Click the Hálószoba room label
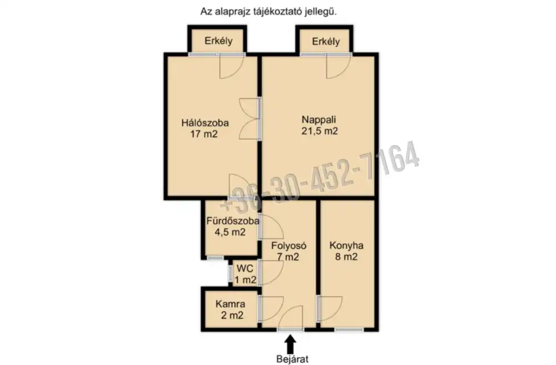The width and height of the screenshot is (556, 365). [x=205, y=123]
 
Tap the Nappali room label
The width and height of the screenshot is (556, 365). [x=319, y=120]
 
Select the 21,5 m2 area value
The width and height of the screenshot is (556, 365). [x=320, y=131]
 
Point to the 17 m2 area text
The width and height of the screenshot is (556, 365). [x=204, y=134]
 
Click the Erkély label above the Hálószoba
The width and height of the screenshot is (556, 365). [x=219, y=41]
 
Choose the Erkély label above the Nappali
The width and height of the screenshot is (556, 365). [x=326, y=42]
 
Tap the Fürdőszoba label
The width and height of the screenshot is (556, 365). [x=232, y=221]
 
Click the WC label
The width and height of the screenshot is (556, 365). [x=245, y=268]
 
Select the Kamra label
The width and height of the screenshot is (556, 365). [x=230, y=304]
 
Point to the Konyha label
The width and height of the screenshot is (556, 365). [x=346, y=245]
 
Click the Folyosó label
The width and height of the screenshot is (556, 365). [x=289, y=245]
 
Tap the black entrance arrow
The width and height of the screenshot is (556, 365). [x=290, y=344]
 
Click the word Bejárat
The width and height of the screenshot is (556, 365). [x=292, y=359]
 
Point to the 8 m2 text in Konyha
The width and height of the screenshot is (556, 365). [x=346, y=257]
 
